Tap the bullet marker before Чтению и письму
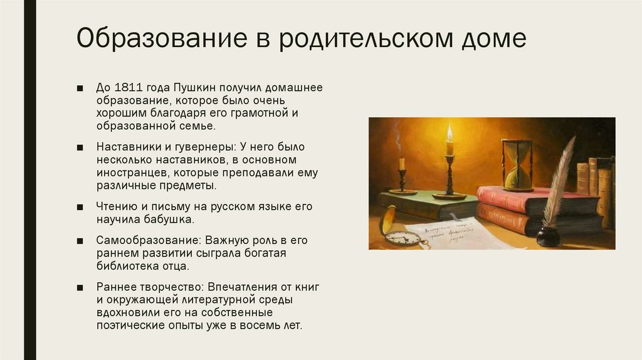pos(81,206)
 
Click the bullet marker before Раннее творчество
pos(81,287)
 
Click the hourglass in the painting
pos(517,164)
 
